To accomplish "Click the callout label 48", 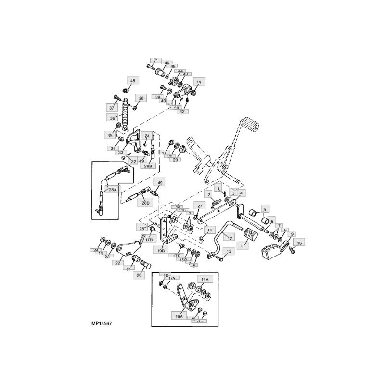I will [x=132, y=80].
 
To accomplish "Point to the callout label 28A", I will [x=112, y=190].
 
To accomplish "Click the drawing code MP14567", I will [x=101, y=324].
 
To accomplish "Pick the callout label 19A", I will [x=179, y=317].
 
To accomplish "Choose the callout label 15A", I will [x=205, y=279].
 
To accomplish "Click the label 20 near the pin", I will [x=139, y=276].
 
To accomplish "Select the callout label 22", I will [x=118, y=263].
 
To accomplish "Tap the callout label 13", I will [x=229, y=251].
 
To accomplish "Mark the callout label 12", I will [x=230, y=238].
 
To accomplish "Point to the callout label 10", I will [x=299, y=244].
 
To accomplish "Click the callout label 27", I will [x=200, y=206].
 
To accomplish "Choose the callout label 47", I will [x=155, y=59].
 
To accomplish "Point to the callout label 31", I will [x=165, y=153].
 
